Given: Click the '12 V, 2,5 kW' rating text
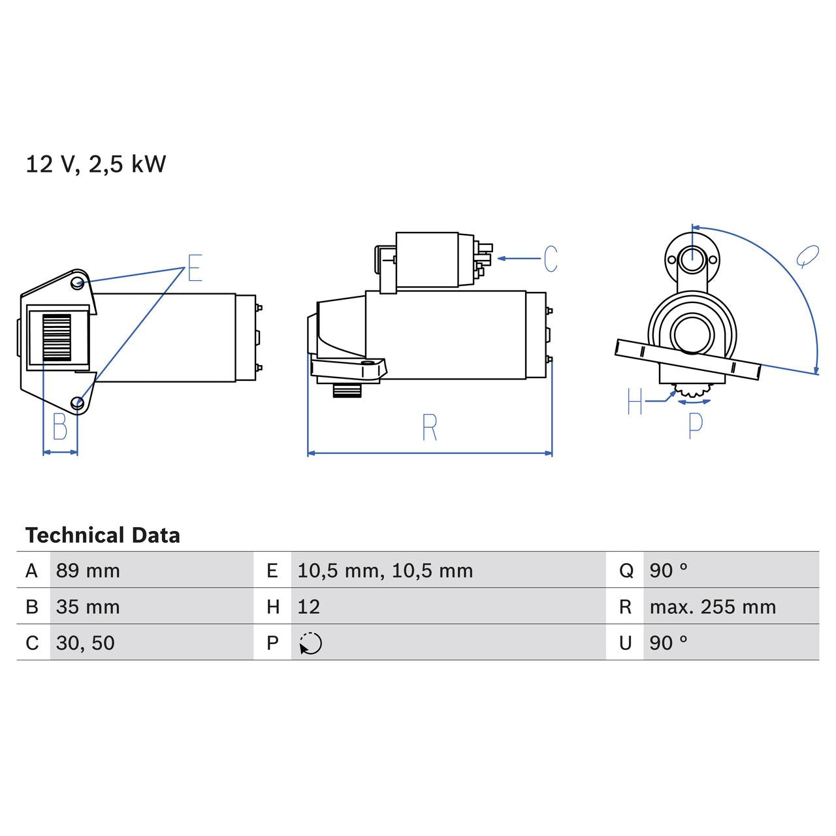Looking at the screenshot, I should pos(95,164).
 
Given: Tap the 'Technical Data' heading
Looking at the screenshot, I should pos(103,536).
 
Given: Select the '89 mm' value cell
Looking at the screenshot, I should pos(88,571).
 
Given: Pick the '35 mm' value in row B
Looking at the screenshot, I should pos(88,607).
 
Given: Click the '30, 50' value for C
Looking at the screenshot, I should pos(86,643).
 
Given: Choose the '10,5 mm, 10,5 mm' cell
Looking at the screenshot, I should pos(385,571).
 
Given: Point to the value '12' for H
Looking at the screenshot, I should pos(309,607).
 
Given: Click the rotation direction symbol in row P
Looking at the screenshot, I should pos(311,643).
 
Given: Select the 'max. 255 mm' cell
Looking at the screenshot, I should pos(713,607).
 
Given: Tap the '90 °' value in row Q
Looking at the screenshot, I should pos(668,571).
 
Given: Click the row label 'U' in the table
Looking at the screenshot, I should pos(625,643).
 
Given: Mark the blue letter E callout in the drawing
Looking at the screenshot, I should pos(195,268).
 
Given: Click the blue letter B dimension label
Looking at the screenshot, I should pos(60,427).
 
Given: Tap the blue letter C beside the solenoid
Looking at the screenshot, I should pos(551,259).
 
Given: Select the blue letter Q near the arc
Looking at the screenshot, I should pos(807,257).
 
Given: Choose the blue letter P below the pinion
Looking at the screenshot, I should pos(696,425).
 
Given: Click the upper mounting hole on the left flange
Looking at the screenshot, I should pos(78,283).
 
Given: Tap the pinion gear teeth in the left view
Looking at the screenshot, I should pos(57,337).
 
